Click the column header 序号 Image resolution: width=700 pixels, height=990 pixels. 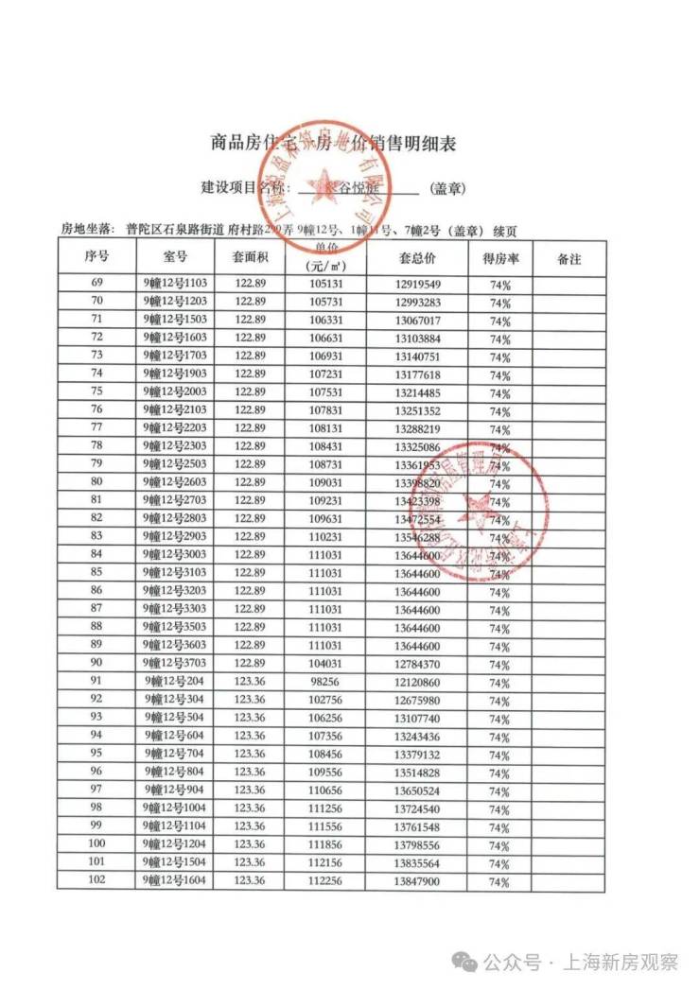click(96, 257)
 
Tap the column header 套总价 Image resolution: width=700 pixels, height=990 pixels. click(416, 258)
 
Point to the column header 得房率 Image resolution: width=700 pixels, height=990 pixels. click(499, 258)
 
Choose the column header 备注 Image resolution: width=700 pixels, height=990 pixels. click(569, 258)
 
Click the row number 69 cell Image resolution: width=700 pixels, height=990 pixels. click(96, 284)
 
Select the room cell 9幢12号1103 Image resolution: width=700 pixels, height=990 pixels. click(175, 284)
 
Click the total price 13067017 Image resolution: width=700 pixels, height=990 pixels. click(417, 320)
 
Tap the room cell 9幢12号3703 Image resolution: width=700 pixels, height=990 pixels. click(175, 664)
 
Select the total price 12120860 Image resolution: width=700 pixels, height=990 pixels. click(417, 682)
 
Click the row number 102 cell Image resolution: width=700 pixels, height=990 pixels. click(96, 880)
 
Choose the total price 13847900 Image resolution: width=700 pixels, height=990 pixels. click(417, 880)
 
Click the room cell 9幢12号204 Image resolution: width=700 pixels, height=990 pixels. click(175, 682)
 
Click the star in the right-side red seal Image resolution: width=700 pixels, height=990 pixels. click(477, 509)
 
